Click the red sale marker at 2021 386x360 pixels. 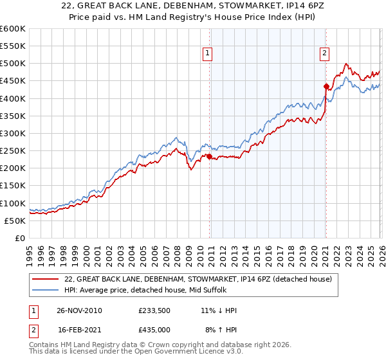tap(326, 86)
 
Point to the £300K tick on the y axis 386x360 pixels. tap(13, 133)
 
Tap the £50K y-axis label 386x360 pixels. tap(15, 221)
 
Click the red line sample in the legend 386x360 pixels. tap(46, 279)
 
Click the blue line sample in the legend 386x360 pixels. tap(46, 290)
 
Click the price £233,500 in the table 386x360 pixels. tap(154, 310)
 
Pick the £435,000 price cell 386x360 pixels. tap(154, 329)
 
